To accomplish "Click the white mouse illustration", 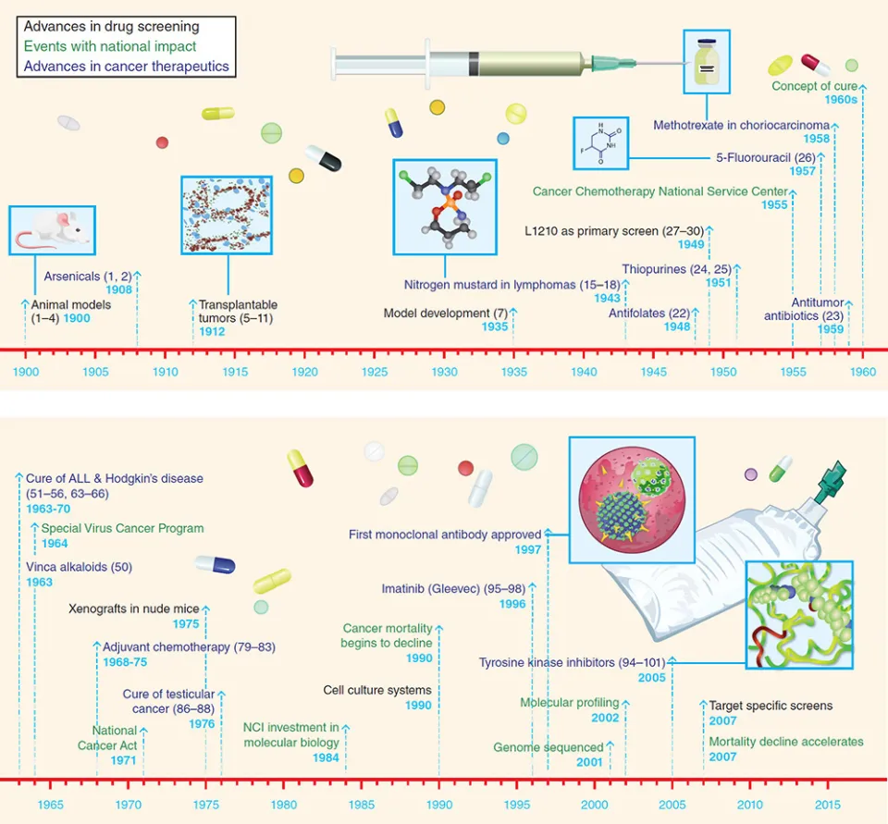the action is click(52, 230).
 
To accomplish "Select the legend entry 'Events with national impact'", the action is click(110, 46).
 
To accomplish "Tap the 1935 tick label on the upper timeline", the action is click(513, 372).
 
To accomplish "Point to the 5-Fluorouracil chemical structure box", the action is click(601, 143).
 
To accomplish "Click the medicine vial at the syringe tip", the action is click(706, 62).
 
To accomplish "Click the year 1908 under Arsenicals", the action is click(119, 290).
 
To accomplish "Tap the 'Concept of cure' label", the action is click(814, 86).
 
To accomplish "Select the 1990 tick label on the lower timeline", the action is click(439, 805).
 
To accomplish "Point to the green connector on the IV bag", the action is click(830, 478).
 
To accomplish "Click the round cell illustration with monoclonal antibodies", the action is click(632, 500).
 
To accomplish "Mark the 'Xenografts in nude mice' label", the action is click(133, 609).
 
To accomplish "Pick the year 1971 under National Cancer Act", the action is click(123, 760).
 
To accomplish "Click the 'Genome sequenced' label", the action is click(549, 747).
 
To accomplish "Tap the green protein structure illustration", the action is click(799, 615).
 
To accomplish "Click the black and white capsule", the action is click(324, 158).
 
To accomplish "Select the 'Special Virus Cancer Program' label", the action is click(122, 528).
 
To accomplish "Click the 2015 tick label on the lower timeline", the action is click(828, 805).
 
